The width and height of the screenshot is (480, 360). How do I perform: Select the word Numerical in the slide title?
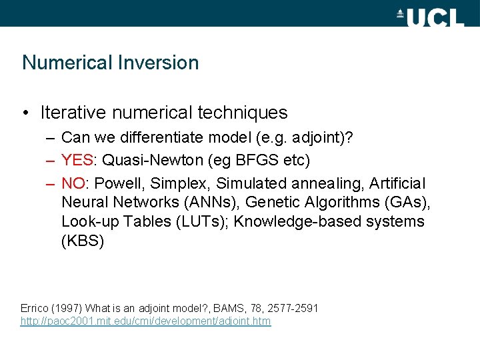[x=67, y=63]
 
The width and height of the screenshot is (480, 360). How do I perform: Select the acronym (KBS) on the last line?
[x=83, y=241]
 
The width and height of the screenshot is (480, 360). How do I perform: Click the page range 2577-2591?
[x=293, y=308]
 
